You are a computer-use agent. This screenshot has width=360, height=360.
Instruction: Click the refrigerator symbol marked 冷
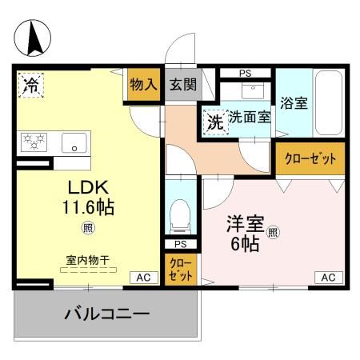coord(31,83)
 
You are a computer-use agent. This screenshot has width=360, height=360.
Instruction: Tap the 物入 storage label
coord(144,85)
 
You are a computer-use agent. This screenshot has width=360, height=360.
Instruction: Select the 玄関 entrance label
coord(180,85)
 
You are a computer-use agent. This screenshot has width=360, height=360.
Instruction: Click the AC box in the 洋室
coord(327,277)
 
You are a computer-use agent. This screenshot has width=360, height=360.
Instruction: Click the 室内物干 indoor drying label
coord(87,260)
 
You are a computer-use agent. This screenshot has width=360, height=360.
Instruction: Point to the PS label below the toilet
coord(180,244)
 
